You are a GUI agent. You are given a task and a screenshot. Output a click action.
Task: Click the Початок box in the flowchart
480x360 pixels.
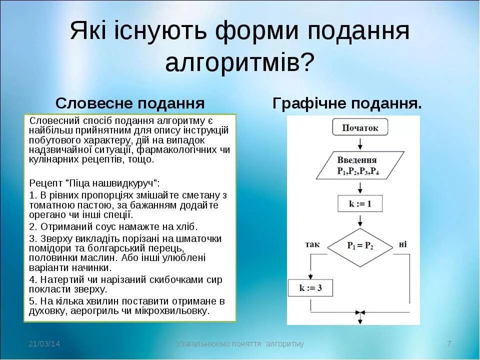[x=360, y=128]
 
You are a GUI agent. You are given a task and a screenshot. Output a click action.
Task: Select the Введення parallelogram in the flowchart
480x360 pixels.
[x=358, y=165]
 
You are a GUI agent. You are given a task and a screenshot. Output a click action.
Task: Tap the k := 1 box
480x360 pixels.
[x=360, y=203]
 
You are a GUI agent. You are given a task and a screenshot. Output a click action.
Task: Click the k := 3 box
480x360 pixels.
[x=310, y=288]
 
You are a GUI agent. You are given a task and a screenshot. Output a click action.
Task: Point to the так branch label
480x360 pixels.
[x=312, y=244]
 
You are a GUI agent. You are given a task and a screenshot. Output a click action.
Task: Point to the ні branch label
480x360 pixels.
[x=403, y=244]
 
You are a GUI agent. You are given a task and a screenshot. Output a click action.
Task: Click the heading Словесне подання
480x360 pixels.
[x=130, y=103]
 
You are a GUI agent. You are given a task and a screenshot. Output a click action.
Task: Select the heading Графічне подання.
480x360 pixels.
[x=347, y=103]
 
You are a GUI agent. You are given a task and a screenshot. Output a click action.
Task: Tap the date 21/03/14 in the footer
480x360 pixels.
[x=44, y=344]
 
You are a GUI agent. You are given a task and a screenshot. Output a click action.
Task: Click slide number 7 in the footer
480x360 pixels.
[x=449, y=344]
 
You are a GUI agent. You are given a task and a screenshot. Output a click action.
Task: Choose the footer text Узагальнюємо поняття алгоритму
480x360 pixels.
[x=240, y=344]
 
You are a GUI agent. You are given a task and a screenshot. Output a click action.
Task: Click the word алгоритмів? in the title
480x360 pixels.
[x=240, y=63]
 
